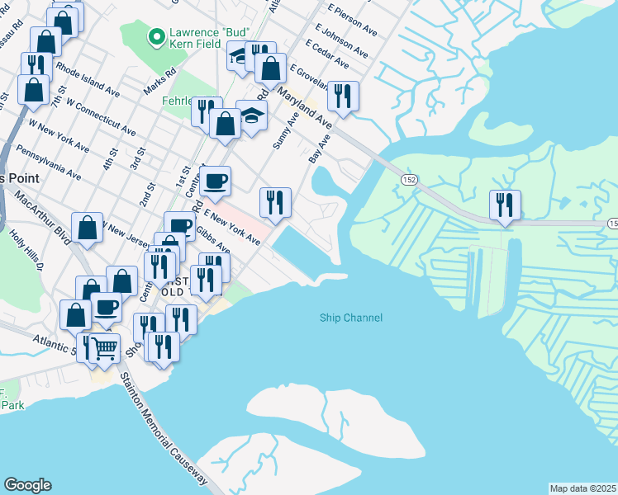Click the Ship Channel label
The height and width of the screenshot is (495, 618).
[x=351, y=318]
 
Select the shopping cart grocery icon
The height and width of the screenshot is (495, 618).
[x=105, y=349]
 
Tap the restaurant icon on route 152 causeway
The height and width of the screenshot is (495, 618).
[x=504, y=205]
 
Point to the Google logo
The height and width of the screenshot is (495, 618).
[x=27, y=485]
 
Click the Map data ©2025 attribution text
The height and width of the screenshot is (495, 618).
[x=582, y=488]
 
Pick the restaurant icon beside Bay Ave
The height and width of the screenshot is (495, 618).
[x=343, y=96]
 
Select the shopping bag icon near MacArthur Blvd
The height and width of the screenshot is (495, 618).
[x=88, y=229]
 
